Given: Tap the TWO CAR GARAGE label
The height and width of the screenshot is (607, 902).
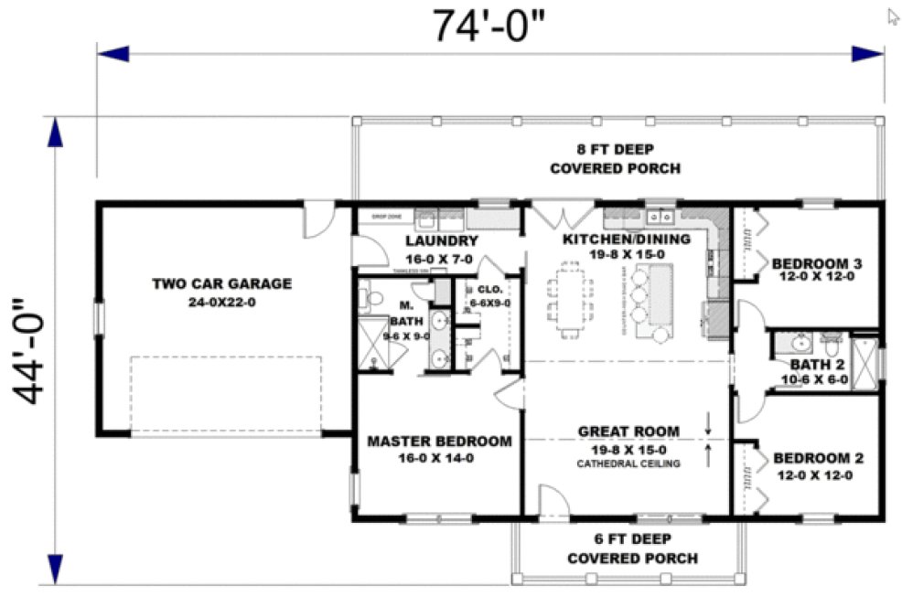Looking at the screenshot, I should [x=221, y=283].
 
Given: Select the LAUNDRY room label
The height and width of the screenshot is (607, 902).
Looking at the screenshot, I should [x=442, y=241].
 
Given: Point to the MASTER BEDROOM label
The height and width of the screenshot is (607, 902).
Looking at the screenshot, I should [x=439, y=442].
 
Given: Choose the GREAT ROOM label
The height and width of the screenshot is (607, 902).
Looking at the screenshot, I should [x=628, y=431].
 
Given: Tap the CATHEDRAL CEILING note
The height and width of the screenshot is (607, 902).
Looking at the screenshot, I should [x=628, y=464].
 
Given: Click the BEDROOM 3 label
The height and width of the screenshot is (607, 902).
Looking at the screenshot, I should [x=817, y=264].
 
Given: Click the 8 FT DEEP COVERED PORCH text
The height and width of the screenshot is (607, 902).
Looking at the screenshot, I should [x=615, y=159].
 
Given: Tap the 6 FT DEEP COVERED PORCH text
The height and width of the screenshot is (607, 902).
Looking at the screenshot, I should [x=632, y=548].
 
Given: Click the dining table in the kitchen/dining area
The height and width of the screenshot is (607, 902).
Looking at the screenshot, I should [x=568, y=298].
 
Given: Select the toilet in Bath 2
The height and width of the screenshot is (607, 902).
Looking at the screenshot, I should [x=832, y=346].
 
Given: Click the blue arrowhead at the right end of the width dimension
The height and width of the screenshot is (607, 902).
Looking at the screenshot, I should [x=867, y=54].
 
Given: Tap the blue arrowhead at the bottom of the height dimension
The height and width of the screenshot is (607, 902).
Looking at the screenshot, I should [x=54, y=569].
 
